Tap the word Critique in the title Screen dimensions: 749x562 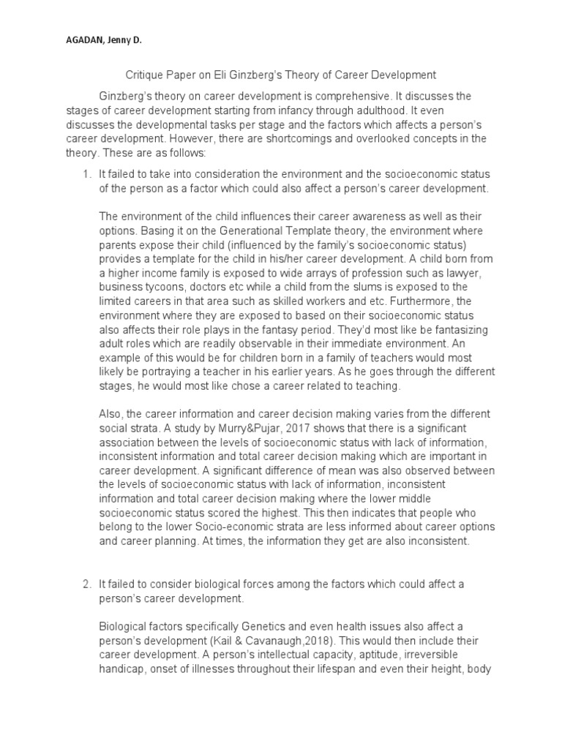(x=140, y=75)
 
